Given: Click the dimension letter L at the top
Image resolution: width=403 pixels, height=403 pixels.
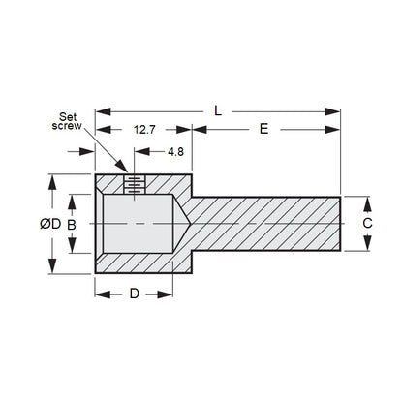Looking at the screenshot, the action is (x=218, y=111).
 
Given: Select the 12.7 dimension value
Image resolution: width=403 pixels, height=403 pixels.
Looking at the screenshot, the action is (x=144, y=130).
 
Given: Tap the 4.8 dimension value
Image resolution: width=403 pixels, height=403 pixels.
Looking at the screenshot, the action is (x=175, y=151).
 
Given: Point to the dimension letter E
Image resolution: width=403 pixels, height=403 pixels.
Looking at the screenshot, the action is (x=264, y=129).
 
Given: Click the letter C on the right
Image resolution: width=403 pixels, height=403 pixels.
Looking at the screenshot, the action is (x=367, y=223).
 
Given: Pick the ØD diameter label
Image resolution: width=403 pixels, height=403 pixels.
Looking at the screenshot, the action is (x=50, y=224).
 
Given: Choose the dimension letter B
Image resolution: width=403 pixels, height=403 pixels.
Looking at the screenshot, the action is (x=72, y=225).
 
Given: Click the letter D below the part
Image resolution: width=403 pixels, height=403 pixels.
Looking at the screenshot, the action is (x=135, y=294).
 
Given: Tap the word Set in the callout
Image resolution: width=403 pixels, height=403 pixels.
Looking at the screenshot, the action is (x=68, y=116).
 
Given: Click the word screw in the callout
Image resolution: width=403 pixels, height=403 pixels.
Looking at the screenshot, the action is (x=67, y=126).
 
